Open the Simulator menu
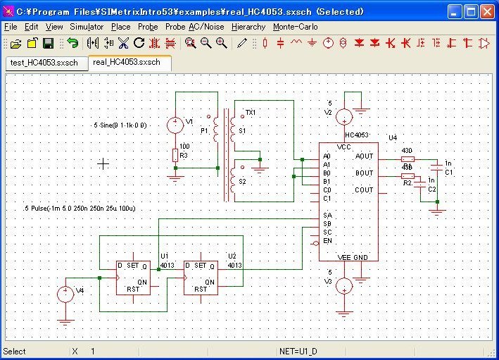tap(86, 27)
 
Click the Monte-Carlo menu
tap(295, 27)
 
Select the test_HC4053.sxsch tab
tap(43, 63)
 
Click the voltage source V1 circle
tap(175, 125)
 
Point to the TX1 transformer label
tap(251, 113)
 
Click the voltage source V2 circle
tap(343, 117)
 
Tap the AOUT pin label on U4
tap(364, 156)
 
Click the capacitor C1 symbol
tap(437, 168)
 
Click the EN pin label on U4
tap(327, 241)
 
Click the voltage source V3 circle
tap(343, 286)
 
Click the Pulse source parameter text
tap(79, 209)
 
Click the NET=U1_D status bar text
tap(299, 351)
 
